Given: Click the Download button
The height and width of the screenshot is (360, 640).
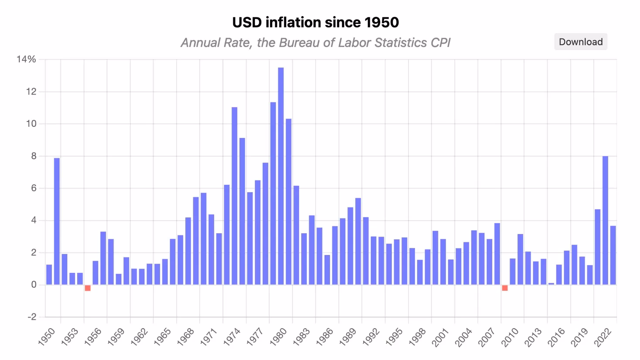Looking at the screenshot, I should (580, 42).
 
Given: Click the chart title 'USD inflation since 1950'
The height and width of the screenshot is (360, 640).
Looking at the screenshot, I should (315, 22).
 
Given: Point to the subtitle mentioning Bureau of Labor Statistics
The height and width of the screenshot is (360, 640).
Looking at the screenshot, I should (315, 43).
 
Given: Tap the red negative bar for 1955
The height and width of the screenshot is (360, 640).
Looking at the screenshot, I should (88, 288).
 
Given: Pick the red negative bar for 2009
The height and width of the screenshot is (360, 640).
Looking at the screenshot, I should (505, 288).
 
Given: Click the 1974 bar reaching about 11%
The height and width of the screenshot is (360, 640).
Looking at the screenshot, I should (235, 196).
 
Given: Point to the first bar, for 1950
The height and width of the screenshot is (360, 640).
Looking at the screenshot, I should (49, 275).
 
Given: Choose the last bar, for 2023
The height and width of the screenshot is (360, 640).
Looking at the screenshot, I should (613, 255).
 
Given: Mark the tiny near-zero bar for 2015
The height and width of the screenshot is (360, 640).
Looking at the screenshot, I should (551, 284).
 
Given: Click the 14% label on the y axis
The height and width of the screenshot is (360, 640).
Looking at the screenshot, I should (26, 59).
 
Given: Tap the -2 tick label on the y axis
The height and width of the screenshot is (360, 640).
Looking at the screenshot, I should (32, 317).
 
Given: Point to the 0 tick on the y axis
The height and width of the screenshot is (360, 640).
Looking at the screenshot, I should (34, 285).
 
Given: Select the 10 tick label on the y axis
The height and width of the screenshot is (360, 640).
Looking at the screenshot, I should (31, 124).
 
